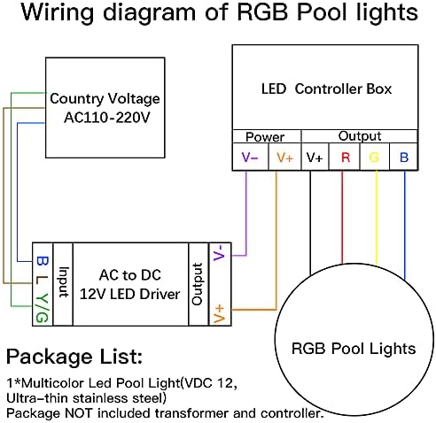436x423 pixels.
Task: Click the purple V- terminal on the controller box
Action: click(x=250, y=158)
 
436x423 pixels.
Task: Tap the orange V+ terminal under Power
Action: click(x=285, y=158)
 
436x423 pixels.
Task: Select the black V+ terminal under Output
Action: click(x=315, y=158)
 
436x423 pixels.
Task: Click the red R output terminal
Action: click(x=346, y=158)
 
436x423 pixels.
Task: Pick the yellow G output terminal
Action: click(x=374, y=158)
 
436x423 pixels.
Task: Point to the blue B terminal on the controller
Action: click(x=404, y=158)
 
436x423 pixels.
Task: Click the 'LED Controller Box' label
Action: click(x=326, y=88)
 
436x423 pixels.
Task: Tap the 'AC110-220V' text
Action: click(x=107, y=118)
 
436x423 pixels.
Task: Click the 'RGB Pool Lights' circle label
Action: click(x=354, y=349)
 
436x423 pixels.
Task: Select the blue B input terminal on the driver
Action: click(x=42, y=261)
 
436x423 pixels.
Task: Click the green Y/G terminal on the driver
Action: click(x=42, y=308)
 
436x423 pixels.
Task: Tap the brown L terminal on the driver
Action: click(x=42, y=280)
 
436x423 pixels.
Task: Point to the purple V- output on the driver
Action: click(x=220, y=253)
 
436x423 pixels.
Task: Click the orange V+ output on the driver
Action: click(x=220, y=314)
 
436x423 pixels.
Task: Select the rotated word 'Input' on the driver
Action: click(x=63, y=282)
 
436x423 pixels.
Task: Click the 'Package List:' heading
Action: click(x=74, y=357)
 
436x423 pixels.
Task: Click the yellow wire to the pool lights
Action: click(x=377, y=218)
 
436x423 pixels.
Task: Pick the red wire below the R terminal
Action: click(x=342, y=217)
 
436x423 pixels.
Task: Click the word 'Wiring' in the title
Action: click(x=58, y=12)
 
